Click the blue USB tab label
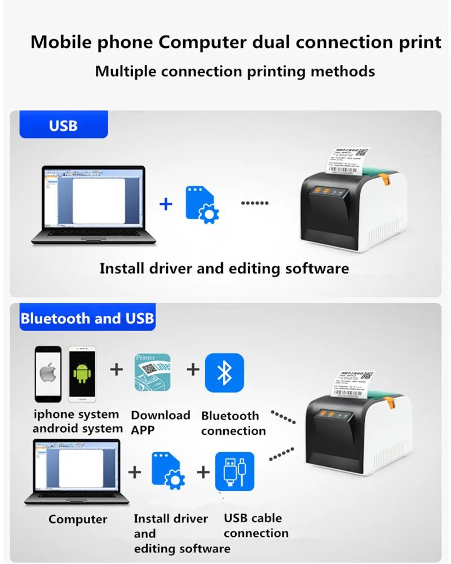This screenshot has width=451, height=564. pos(63,125)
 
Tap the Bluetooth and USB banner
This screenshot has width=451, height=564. pos(87,319)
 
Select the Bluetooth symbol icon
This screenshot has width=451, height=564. pos(224,373)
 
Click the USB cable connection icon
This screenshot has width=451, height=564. pos(235,471)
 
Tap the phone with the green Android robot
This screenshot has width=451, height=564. pos(81,373)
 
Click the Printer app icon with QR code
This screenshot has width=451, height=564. pos(152,372)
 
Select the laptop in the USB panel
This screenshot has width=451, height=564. pos(94,204)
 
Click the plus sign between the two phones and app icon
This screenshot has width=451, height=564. pos(117,370)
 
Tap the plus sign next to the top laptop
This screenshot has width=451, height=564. pos(166,204)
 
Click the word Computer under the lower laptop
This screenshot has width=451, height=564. pos(78,519)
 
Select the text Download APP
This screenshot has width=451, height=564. pos(160,422)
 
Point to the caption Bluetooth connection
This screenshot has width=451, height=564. pos(233,423)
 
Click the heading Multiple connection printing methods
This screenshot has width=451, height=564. pos(235,72)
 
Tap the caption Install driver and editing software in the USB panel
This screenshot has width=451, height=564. pos(224,268)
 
